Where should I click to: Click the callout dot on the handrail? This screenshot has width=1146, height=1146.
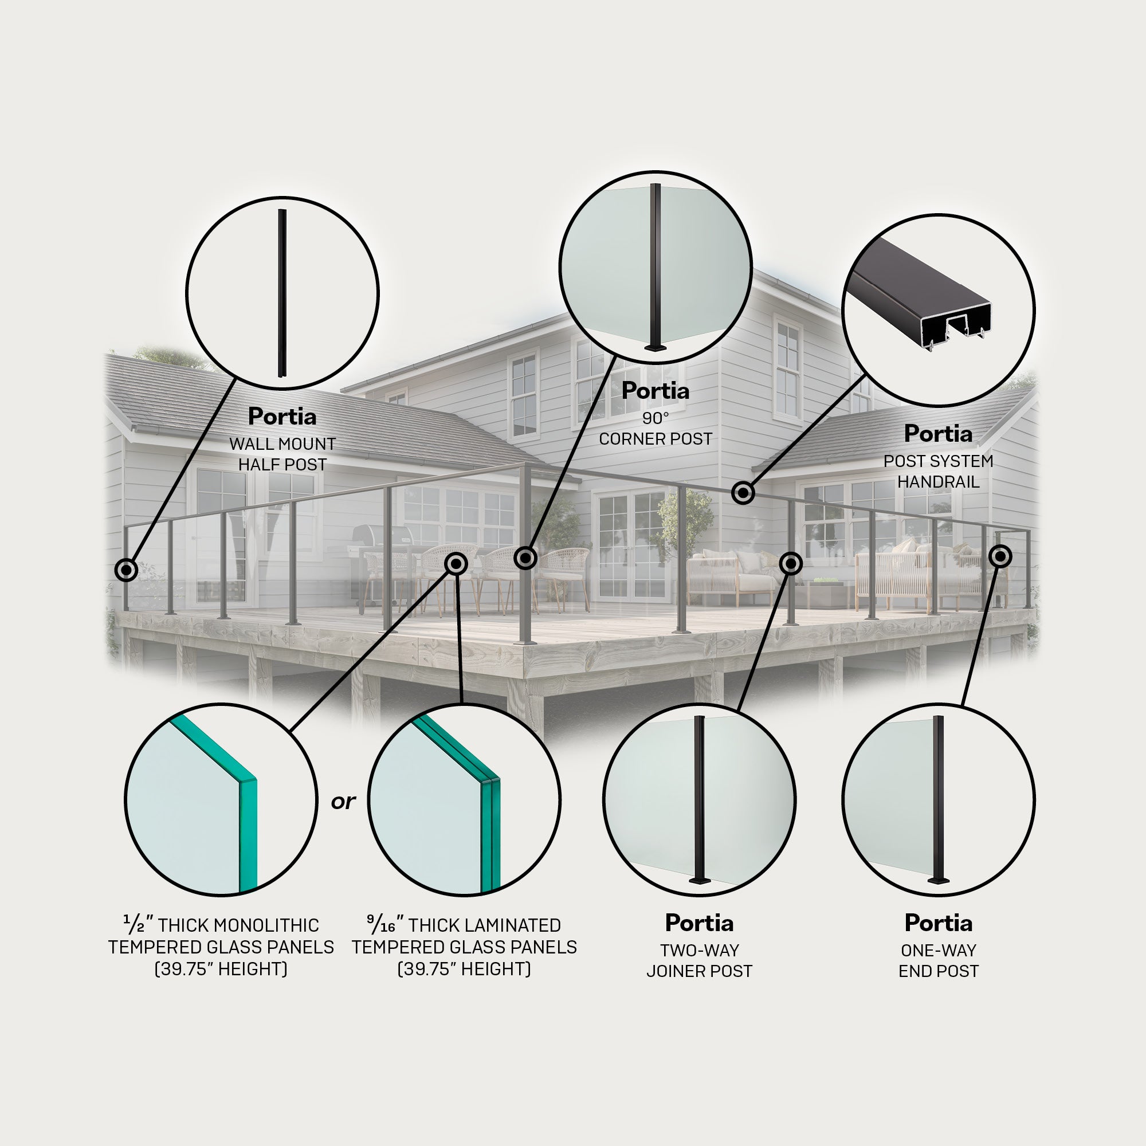743,492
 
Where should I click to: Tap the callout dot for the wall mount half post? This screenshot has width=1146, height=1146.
125,570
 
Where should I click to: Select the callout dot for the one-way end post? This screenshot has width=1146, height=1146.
1000,556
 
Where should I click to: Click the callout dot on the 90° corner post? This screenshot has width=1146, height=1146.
525,558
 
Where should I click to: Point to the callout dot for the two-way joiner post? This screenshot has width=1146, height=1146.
791,563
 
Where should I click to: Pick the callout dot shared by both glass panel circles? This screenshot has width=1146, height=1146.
456,563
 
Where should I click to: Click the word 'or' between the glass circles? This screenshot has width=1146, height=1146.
343,802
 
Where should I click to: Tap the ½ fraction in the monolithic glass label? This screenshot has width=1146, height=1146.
134,924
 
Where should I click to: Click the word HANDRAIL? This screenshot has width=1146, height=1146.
939,482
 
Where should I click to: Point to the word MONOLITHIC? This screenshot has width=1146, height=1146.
266,925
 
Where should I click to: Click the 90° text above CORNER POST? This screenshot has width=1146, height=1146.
656,418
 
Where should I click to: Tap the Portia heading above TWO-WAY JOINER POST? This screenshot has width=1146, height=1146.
699,923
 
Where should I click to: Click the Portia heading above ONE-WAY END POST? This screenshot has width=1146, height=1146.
939,923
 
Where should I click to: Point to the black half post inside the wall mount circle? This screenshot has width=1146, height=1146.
282,293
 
